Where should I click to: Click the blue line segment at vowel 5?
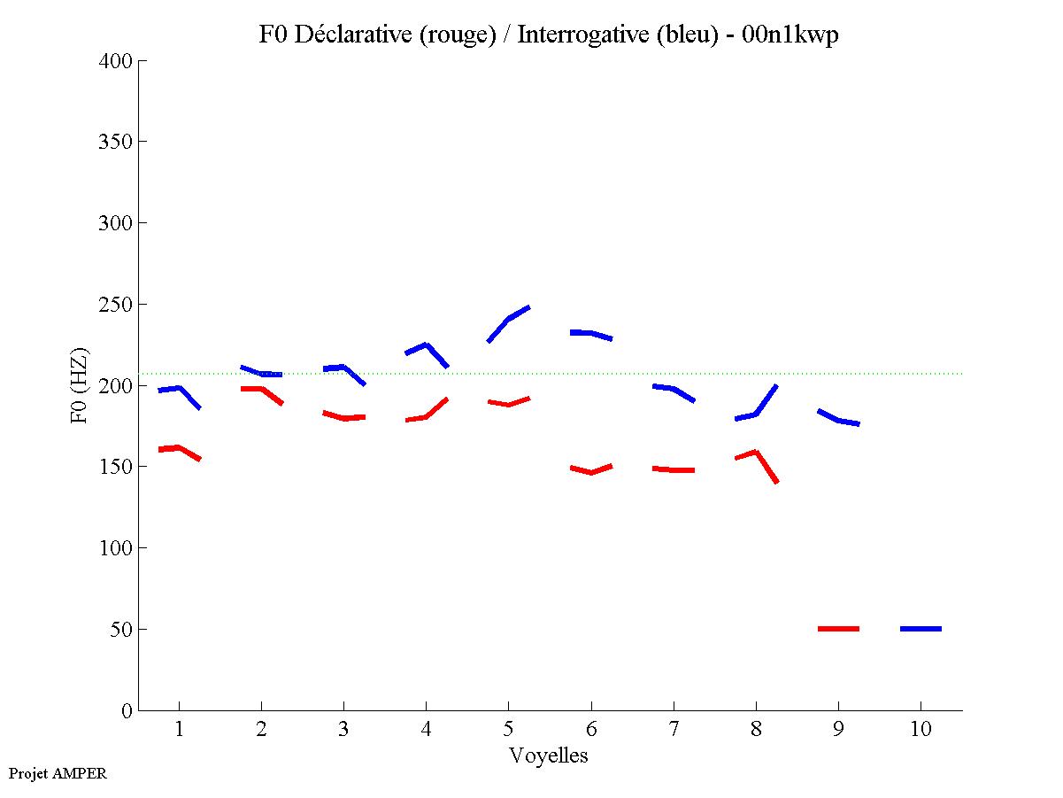508,320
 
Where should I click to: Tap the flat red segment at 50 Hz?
838,629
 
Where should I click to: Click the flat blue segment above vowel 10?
920,629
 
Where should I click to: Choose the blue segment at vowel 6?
590,333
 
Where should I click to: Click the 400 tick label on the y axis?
116,61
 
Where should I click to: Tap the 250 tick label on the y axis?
116,305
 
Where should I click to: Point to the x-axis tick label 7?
674,730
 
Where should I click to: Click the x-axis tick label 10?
920,730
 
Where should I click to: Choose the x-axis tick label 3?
343,730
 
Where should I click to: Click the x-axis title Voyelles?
549,755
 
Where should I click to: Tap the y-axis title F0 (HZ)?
80,385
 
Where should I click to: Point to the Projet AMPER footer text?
58,773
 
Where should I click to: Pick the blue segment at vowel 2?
262,374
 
